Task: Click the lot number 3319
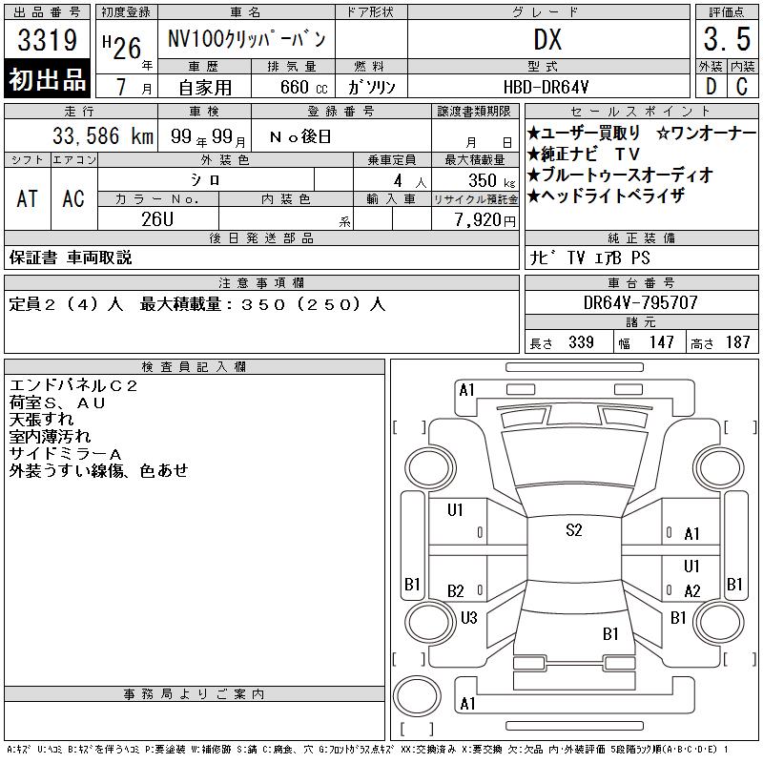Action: coord(47,39)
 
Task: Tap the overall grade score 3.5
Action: coord(727,39)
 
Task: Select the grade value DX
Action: coord(547,39)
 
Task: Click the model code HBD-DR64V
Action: coord(546,87)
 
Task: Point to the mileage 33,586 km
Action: coord(103,135)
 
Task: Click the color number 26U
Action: coord(157,219)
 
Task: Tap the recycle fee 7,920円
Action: coord(485,220)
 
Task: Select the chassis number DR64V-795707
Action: coord(640,302)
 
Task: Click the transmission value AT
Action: coord(27,198)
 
